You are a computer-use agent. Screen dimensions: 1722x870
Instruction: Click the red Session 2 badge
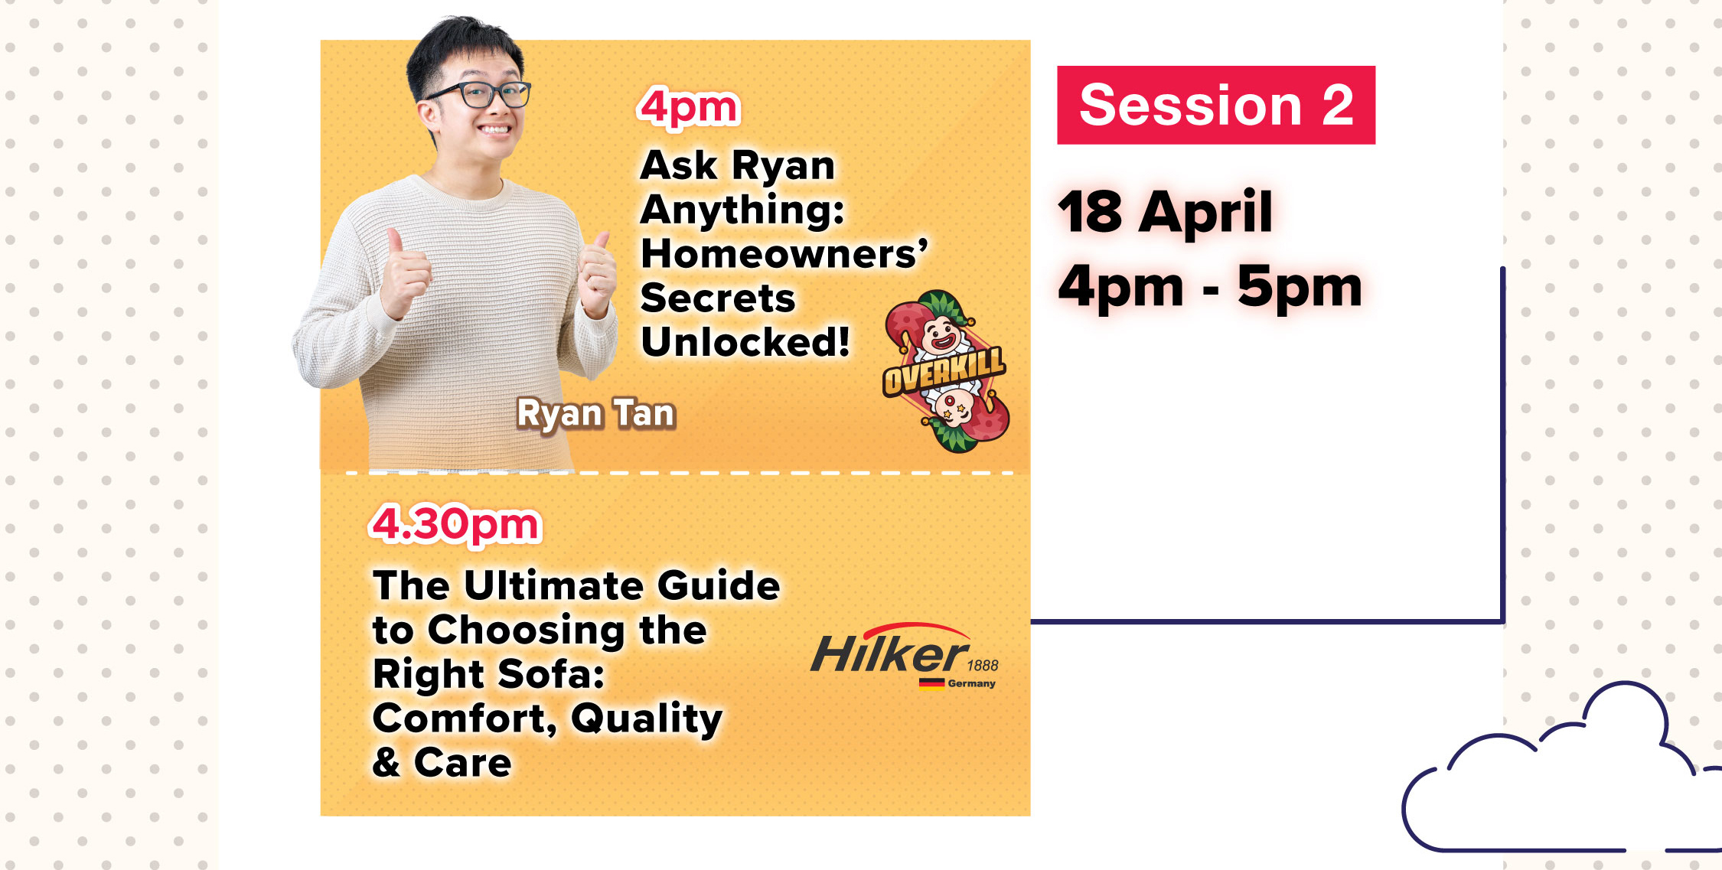click(x=1216, y=105)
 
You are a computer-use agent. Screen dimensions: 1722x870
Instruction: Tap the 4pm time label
click(x=689, y=106)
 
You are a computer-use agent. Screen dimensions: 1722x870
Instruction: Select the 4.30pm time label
click(x=456, y=525)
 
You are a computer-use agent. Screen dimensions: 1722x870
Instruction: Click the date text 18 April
click(x=1165, y=211)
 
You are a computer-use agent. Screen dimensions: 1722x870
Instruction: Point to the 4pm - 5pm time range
click(x=1210, y=286)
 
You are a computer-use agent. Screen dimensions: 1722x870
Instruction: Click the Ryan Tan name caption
click(x=596, y=414)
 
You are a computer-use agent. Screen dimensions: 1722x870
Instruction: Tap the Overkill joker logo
click(x=947, y=371)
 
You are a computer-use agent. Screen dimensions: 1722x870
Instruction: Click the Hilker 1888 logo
click(x=905, y=656)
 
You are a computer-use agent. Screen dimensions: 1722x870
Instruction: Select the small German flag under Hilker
click(x=931, y=683)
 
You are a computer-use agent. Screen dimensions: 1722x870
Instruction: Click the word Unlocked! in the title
click(x=745, y=342)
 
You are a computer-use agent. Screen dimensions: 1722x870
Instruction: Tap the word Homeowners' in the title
click(x=784, y=253)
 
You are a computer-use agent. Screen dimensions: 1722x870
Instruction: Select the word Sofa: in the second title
click(x=550, y=674)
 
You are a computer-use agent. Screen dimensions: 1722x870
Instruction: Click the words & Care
click(x=442, y=763)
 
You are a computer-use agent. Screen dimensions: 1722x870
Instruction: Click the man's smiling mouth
click(x=493, y=129)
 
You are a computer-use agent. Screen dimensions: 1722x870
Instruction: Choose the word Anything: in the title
click(x=742, y=211)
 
